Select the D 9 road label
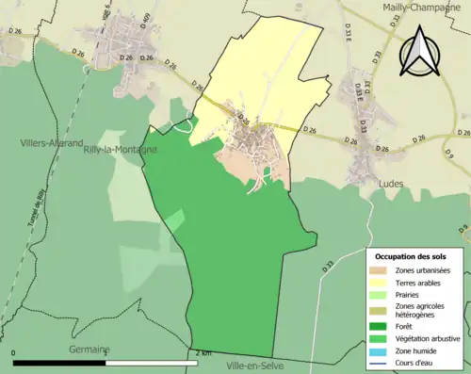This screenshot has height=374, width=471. (x=450, y=151)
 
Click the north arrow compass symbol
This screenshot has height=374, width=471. (x=417, y=52)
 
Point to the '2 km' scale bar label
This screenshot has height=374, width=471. (x=201, y=353)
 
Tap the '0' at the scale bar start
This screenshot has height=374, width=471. (x=15, y=353)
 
